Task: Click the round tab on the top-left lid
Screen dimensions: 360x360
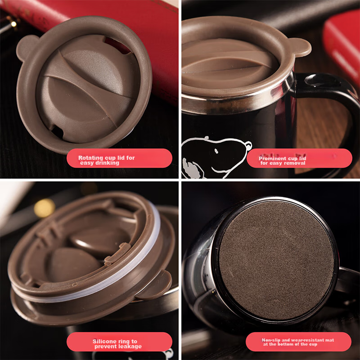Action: (x=25, y=47)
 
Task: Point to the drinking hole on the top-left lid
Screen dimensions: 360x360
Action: (x=57, y=131)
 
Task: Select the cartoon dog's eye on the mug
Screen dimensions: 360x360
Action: (x=216, y=151)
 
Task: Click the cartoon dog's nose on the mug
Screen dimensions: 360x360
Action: (x=248, y=145)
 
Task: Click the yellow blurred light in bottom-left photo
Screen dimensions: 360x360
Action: (x=44, y=208)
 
